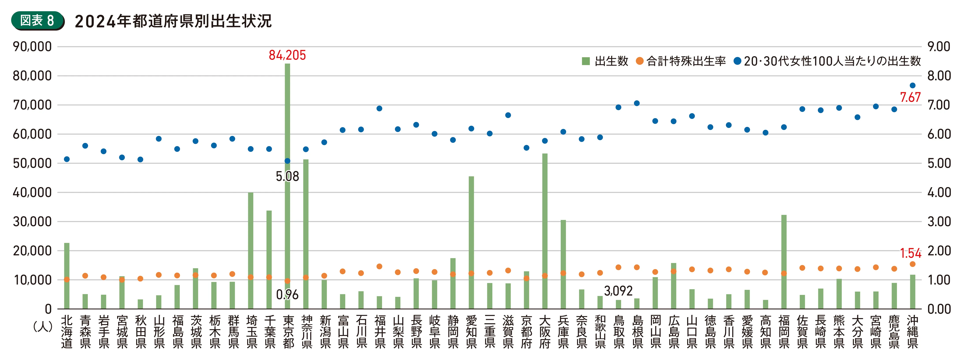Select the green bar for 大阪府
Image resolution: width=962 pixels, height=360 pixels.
545,232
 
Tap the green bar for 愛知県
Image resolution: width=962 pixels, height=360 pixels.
471,243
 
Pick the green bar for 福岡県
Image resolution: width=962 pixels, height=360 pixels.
784,261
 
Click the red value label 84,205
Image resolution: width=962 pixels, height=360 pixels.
287,55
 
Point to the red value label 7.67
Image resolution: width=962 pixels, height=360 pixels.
910,97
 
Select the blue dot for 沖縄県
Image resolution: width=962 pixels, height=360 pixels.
912,86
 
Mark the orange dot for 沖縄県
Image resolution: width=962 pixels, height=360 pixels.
912,264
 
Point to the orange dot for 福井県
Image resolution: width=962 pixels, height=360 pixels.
379,266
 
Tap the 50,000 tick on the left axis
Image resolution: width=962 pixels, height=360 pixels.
32,163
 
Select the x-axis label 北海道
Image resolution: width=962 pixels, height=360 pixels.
67,332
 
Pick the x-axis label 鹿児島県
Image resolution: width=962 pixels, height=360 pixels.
894,332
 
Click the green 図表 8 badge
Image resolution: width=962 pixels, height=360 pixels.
37,21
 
